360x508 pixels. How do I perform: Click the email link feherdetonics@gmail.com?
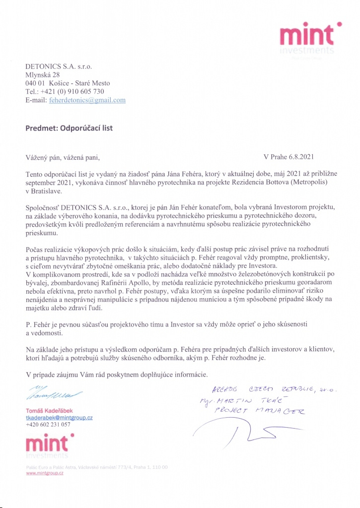pos(86,100)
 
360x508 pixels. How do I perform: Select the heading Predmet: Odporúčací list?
pos(69,128)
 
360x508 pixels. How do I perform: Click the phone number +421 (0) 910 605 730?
pos(65,91)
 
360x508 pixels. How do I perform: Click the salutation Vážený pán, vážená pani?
pos(63,158)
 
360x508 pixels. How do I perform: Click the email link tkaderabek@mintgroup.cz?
pos(59,418)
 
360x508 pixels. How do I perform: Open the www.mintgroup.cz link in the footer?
pos(44,474)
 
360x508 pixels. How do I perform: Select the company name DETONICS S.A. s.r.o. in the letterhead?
pos(59,66)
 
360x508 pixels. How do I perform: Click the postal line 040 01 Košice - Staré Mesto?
pos(68,83)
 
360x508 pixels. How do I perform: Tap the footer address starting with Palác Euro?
pos(97,467)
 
